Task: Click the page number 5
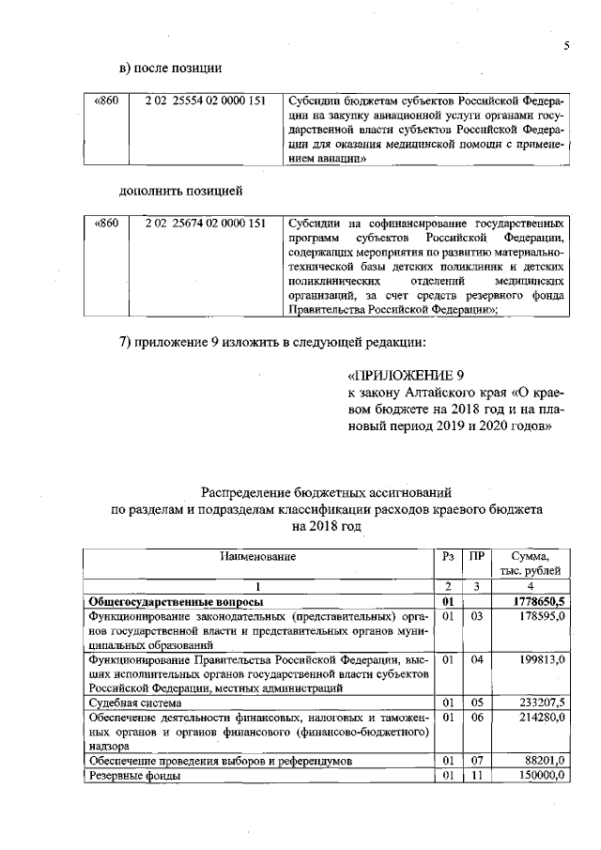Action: (x=567, y=45)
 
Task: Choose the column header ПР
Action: (x=477, y=557)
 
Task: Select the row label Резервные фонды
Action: (x=133, y=776)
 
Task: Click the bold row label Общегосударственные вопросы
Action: (x=175, y=600)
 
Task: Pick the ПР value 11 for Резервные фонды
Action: (x=477, y=776)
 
